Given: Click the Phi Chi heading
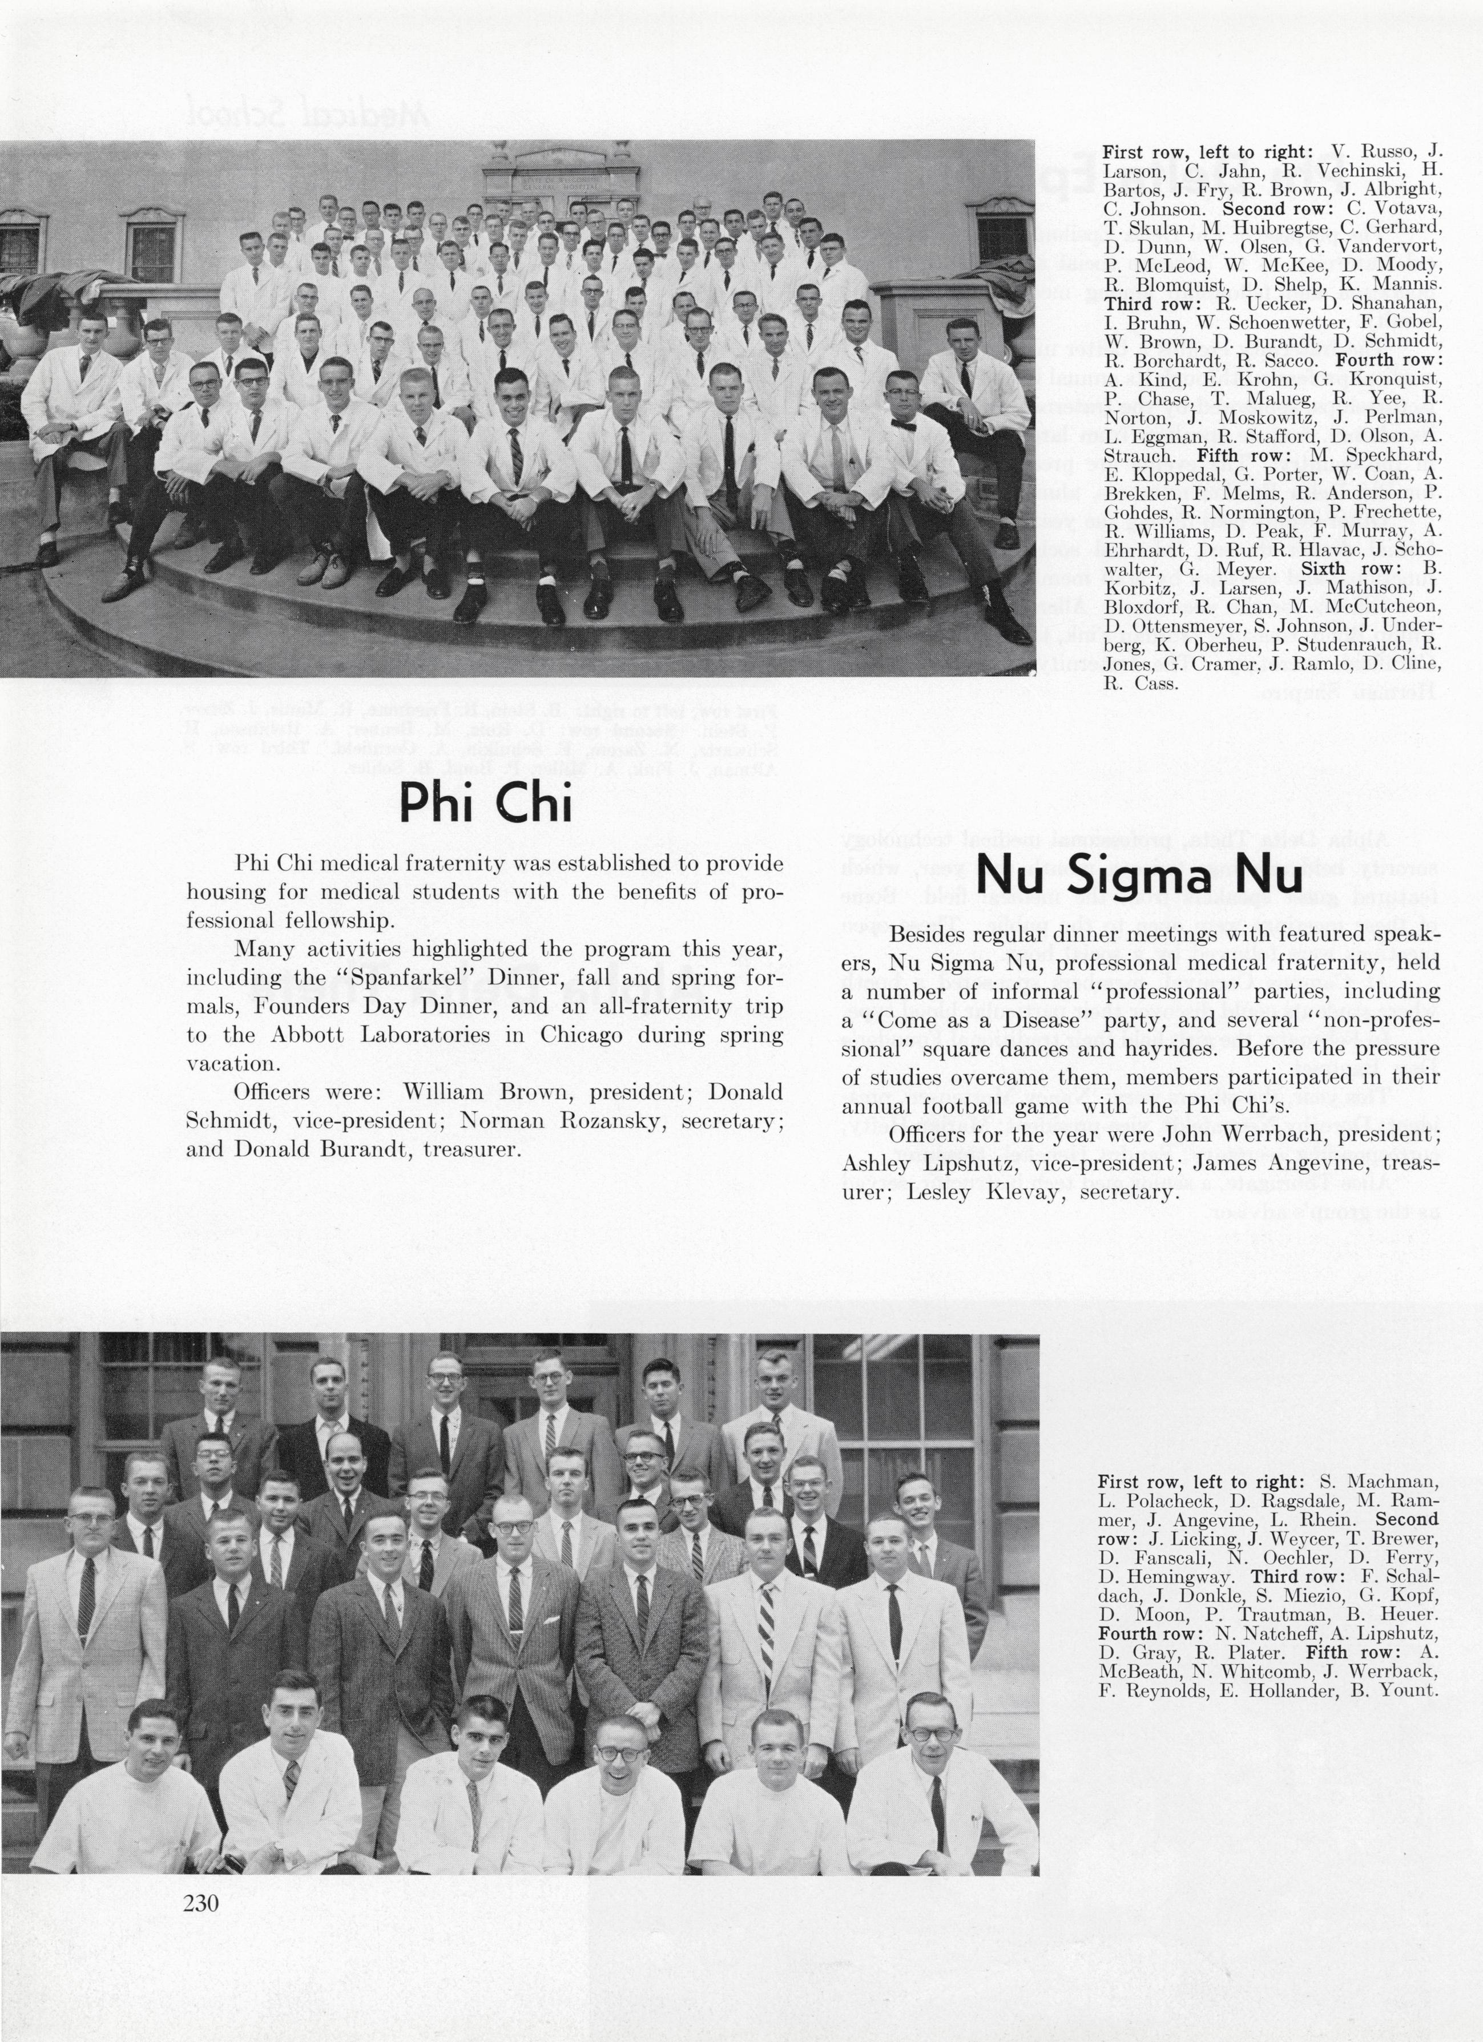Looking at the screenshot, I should click(x=485, y=803).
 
